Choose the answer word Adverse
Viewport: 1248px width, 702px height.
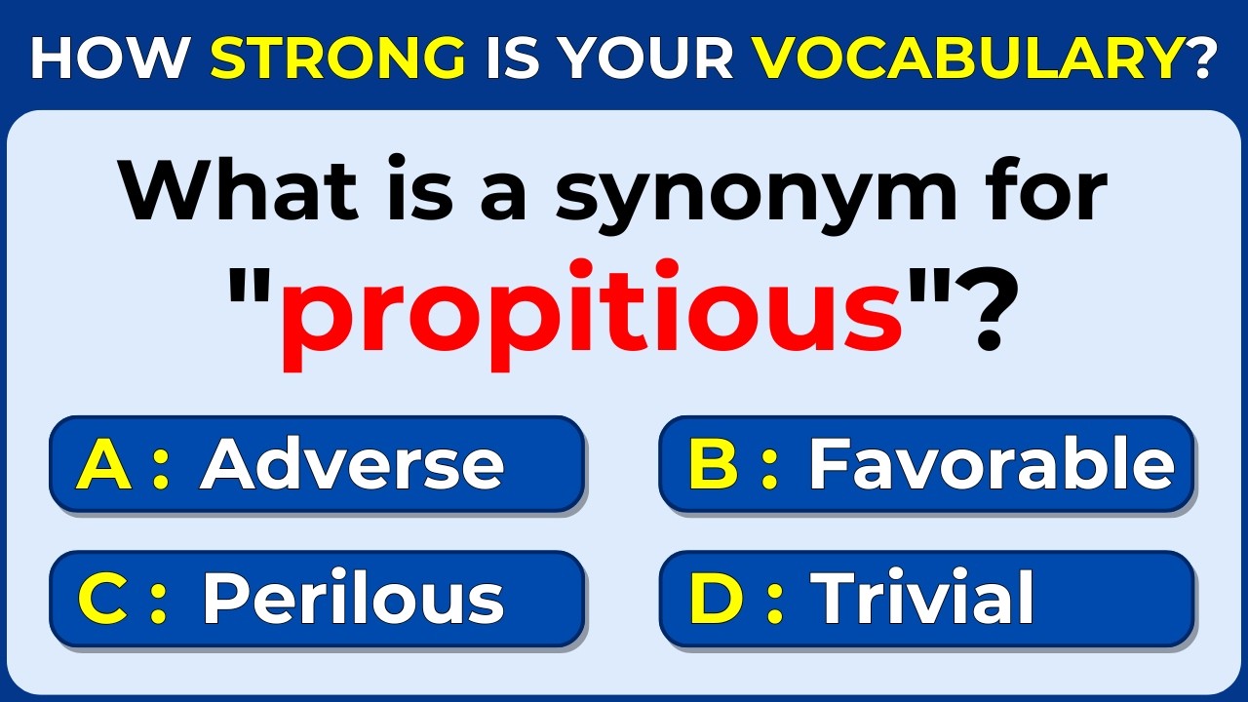[352, 464]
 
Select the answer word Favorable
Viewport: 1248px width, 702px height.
[992, 464]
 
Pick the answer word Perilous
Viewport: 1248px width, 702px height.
[352, 599]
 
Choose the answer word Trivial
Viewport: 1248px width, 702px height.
[922, 599]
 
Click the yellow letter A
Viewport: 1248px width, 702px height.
[103, 464]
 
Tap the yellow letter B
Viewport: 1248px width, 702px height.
[714, 464]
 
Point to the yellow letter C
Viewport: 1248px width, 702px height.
[103, 599]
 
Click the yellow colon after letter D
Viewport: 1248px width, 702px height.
[775, 601]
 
